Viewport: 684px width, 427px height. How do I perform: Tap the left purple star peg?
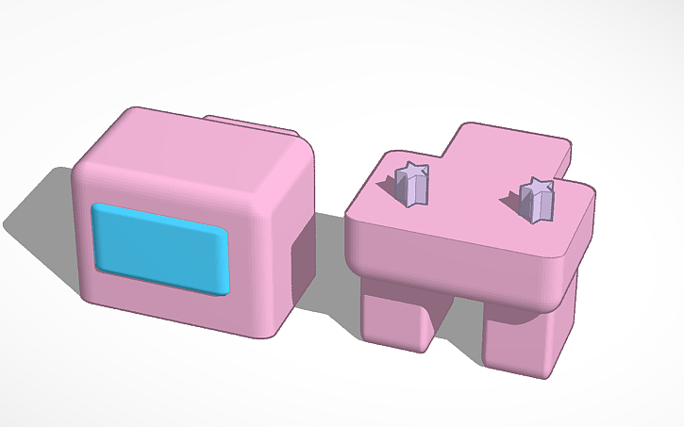point(411,183)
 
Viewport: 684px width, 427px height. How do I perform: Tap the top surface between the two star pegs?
point(472,203)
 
